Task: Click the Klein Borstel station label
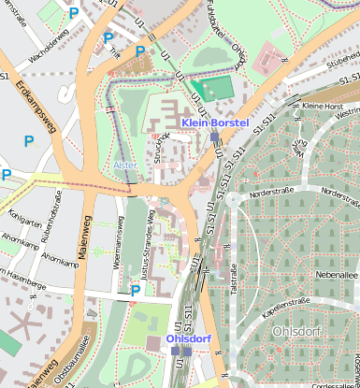(x=215, y=122)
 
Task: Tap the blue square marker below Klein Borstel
(x=214, y=137)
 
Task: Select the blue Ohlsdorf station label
(x=189, y=338)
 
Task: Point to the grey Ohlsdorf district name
(x=296, y=331)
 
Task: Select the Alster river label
(x=124, y=165)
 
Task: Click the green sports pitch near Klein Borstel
(x=217, y=89)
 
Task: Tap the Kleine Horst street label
(x=323, y=106)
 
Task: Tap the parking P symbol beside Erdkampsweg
(x=29, y=141)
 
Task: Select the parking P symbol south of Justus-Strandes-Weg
(x=136, y=290)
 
